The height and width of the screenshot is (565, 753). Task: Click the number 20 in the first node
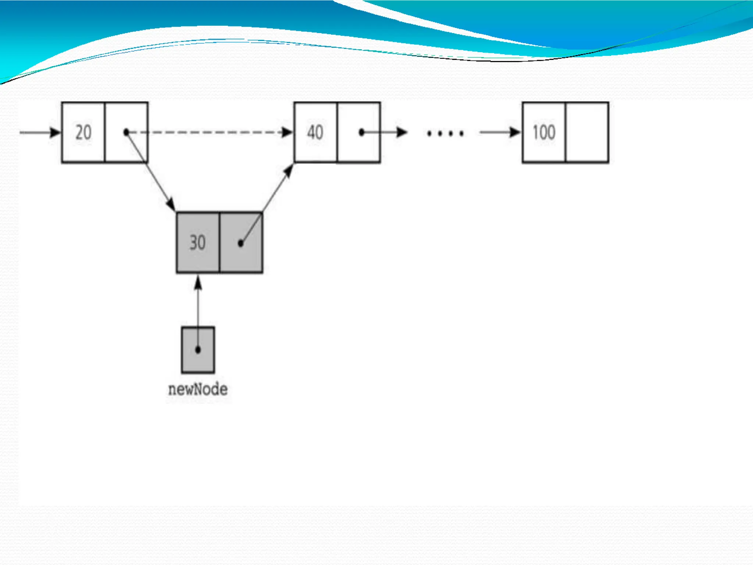tap(83, 132)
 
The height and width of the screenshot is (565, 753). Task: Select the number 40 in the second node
tap(315, 132)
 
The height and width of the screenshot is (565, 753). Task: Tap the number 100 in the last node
tap(544, 132)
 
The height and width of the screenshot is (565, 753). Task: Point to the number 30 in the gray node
tap(197, 243)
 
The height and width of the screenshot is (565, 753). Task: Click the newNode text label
tap(198, 389)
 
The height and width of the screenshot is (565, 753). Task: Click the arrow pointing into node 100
tap(500, 132)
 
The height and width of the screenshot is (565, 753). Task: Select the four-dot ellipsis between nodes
tap(445, 133)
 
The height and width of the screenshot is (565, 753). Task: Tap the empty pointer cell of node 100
tap(587, 132)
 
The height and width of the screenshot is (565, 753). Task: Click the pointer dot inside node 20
tap(126, 132)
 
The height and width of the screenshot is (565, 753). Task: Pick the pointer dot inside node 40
tap(361, 132)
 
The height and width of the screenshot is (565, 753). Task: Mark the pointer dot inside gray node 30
tap(240, 243)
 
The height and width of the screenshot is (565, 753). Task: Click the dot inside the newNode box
tap(198, 349)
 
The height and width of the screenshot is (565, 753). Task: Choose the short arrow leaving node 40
tap(386, 132)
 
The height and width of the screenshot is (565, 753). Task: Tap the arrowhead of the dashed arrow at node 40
tap(287, 132)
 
